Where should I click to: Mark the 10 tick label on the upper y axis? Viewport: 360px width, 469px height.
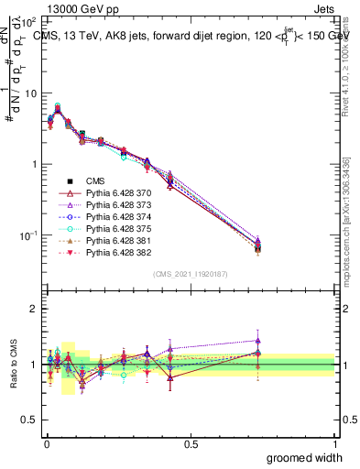click(x=30, y=93)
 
